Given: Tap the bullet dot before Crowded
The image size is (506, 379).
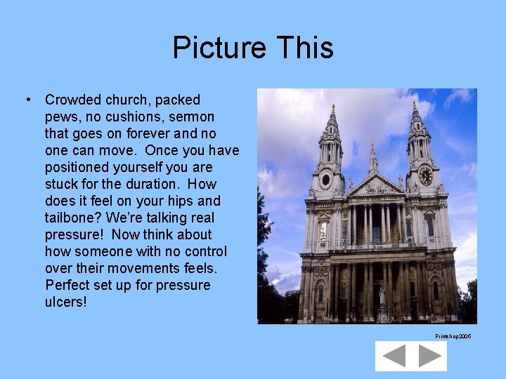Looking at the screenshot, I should click(x=27, y=100).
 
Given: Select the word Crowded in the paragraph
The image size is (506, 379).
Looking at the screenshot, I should click(x=74, y=100).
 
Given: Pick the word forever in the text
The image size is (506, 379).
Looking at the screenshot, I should click(x=150, y=133).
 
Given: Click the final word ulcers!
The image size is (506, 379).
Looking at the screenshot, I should click(x=67, y=302).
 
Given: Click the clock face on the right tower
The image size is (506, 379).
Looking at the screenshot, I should click(x=425, y=175).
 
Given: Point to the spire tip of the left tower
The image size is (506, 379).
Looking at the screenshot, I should click(x=332, y=107).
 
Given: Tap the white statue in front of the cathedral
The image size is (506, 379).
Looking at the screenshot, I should click(x=382, y=295).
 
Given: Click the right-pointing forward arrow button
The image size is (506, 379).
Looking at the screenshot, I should click(x=429, y=356).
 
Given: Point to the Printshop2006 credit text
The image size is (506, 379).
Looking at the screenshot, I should click(x=453, y=337).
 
